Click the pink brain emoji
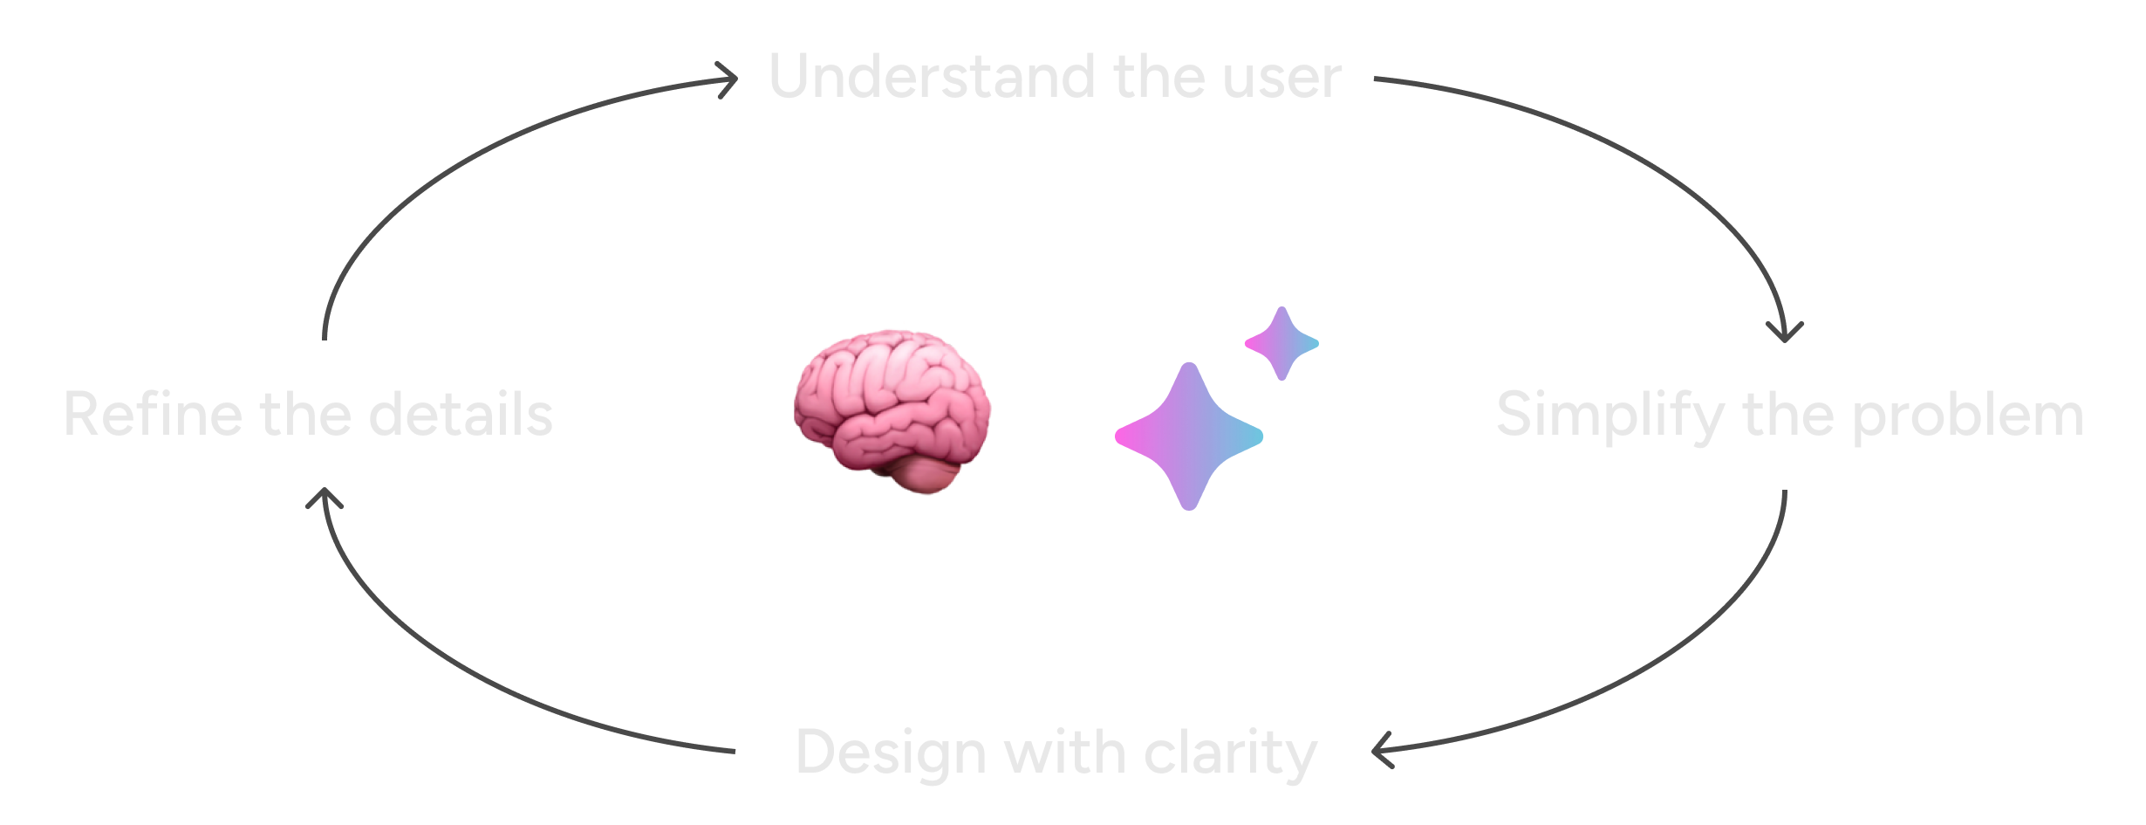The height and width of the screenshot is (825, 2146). (x=892, y=412)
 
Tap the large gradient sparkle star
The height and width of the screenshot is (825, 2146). (x=1189, y=436)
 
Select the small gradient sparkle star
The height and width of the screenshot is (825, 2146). (x=1281, y=343)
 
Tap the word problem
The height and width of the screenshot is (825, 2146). (x=1968, y=416)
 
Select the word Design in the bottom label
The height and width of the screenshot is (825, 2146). (x=892, y=753)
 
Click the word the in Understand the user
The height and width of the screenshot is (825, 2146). (x=1159, y=77)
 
